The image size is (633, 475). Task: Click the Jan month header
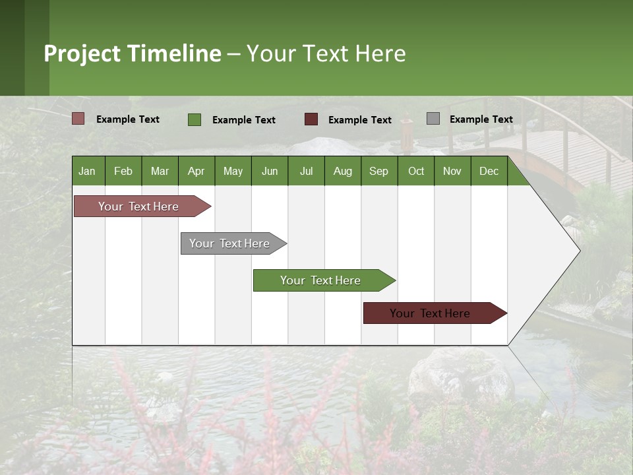(x=87, y=171)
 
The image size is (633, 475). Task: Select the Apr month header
(x=196, y=171)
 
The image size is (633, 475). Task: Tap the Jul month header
(x=306, y=171)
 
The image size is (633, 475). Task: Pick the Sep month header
(x=378, y=171)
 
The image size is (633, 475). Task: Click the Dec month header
(x=489, y=171)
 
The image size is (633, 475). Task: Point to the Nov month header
(x=452, y=171)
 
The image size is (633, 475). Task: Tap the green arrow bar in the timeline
(x=321, y=280)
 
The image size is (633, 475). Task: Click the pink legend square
(x=78, y=119)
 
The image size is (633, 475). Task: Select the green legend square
(x=195, y=119)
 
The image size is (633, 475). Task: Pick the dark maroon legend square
(x=311, y=119)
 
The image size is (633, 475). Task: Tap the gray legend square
(x=433, y=119)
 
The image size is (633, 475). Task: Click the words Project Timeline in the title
(x=132, y=53)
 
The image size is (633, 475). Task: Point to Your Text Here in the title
(x=326, y=53)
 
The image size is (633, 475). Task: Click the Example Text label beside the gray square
(x=481, y=119)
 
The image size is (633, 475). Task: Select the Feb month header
(x=123, y=171)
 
